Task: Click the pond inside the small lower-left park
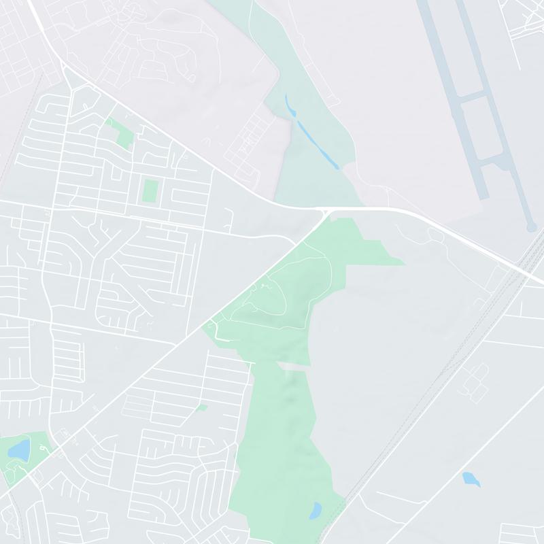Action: click(20, 449)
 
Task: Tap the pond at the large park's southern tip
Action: click(316, 510)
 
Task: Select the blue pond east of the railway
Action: click(471, 479)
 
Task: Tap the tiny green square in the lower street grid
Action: click(201, 408)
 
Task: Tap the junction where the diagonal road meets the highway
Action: click(324, 214)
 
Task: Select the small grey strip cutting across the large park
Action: click(293, 366)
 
